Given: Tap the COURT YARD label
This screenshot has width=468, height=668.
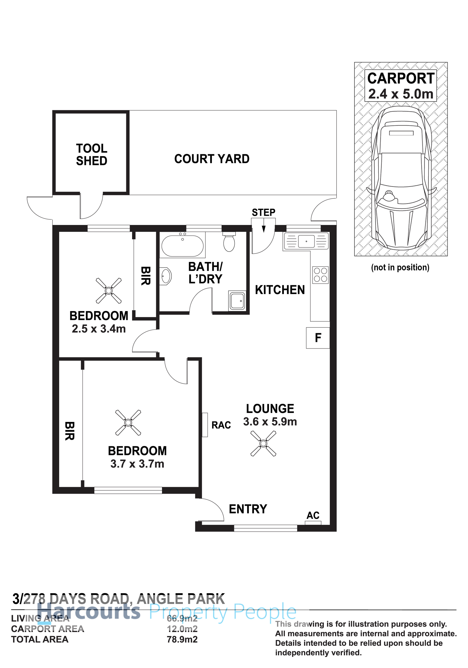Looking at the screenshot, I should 212,159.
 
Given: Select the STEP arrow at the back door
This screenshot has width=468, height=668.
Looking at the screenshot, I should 264,229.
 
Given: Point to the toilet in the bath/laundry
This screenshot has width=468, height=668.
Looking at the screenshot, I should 229,242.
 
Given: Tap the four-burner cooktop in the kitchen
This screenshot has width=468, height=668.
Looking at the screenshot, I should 320,275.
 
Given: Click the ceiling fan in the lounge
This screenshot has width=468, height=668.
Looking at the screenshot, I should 263,443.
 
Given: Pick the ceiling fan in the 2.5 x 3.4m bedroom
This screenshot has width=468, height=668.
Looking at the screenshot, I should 109,291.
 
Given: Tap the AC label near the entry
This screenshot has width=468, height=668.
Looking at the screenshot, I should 313,516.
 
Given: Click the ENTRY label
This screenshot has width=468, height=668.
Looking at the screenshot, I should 248,509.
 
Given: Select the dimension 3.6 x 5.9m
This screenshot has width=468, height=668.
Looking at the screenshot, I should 270,422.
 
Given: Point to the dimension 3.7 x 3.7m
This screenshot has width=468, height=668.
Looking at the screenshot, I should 137,464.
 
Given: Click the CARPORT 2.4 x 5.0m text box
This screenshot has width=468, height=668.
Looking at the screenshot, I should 401,86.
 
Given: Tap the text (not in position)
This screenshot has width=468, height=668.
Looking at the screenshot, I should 400,267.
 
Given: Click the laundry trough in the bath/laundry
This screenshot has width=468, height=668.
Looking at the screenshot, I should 237,301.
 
